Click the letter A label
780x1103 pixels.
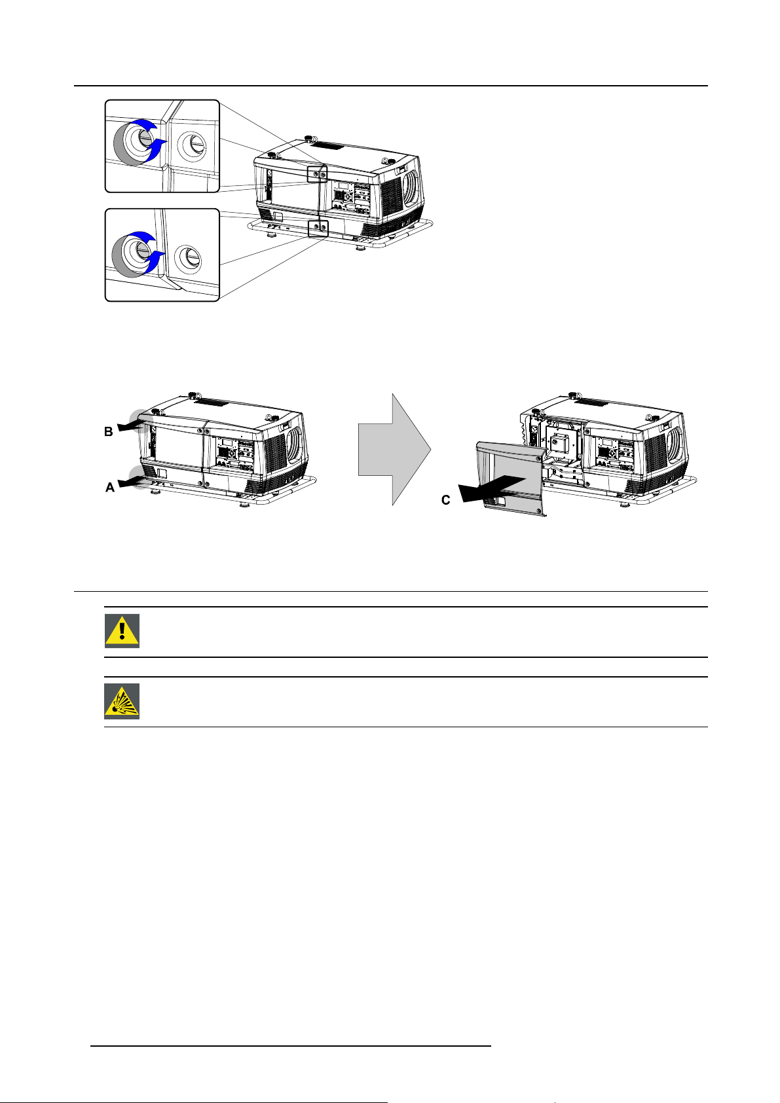click(110, 488)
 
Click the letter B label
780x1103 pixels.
click(109, 432)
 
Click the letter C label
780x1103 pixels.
click(445, 500)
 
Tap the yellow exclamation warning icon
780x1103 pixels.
click(122, 631)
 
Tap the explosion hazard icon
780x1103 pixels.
click(122, 701)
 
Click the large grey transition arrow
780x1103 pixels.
click(394, 449)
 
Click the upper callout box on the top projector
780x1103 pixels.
click(316, 174)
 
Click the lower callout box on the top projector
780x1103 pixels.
click(318, 228)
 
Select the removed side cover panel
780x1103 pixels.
click(510, 478)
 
